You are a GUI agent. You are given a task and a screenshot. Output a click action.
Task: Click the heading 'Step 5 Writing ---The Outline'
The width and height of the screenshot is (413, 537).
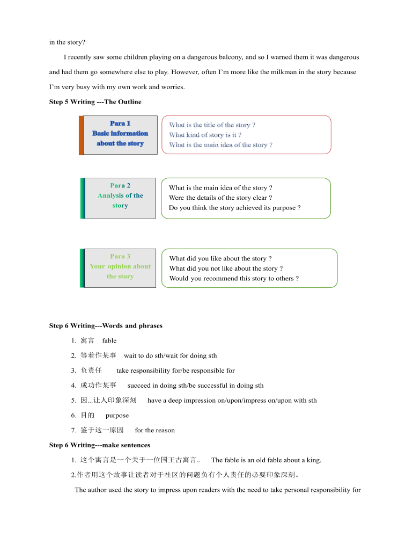(x=95, y=101)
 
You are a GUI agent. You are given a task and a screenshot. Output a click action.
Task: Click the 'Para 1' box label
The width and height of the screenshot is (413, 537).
(x=120, y=124)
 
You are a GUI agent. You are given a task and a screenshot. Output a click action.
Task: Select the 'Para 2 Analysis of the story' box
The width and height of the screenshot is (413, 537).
(x=120, y=198)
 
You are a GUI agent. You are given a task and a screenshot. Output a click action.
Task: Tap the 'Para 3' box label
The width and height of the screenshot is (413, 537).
(x=120, y=256)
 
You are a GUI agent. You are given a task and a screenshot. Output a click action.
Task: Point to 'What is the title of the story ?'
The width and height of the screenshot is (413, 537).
(x=212, y=125)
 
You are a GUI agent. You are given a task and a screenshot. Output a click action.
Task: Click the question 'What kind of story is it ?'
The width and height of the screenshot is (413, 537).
(x=205, y=135)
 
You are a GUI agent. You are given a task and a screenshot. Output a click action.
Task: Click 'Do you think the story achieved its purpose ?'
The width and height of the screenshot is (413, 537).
(x=234, y=208)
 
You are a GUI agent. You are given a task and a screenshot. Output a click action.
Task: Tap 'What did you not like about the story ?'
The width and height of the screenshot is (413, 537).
(x=226, y=268)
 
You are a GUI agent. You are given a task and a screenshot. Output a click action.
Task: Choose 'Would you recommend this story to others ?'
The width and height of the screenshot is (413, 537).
(x=234, y=278)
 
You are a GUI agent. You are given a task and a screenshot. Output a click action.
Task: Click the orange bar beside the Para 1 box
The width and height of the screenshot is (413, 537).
(x=82, y=135)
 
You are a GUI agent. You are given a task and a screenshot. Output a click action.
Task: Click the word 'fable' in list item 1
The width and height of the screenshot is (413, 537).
(x=109, y=340)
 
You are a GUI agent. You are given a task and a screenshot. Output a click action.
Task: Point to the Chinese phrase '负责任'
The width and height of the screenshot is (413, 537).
(x=91, y=371)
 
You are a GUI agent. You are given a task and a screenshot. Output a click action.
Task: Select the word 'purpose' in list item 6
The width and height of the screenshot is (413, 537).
(x=117, y=415)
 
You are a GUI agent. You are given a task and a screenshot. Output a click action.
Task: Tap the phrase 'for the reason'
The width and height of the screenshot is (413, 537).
(x=154, y=430)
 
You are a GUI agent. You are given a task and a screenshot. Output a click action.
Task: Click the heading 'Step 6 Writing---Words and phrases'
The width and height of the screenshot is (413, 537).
(x=106, y=325)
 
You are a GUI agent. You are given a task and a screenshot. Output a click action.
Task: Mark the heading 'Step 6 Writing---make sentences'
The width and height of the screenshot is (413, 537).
(x=99, y=445)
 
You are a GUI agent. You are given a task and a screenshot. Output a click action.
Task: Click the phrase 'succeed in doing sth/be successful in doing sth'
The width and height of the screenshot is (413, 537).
(x=195, y=385)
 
